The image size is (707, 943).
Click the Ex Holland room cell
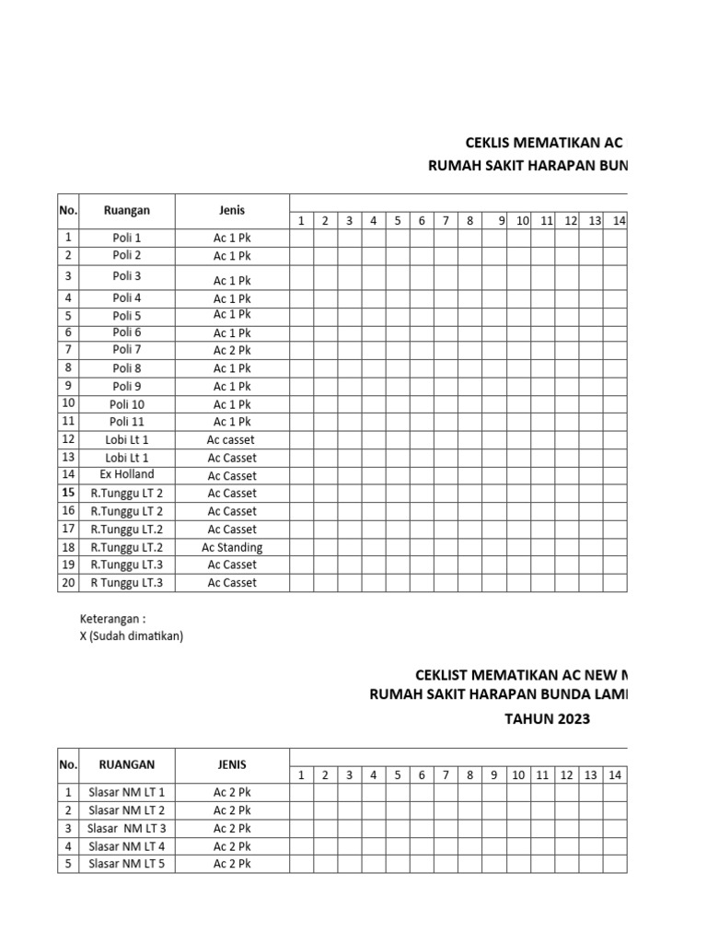tap(127, 475)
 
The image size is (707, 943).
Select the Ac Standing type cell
tap(232, 547)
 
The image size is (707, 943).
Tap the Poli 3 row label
tap(127, 276)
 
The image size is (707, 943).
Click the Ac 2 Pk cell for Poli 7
tap(232, 350)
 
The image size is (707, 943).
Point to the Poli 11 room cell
tap(127, 422)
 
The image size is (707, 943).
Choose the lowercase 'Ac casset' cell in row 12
tap(232, 440)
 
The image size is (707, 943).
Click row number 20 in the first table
tap(68, 582)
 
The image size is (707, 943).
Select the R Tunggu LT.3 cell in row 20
tap(127, 582)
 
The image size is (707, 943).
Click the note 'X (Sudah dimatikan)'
tap(132, 636)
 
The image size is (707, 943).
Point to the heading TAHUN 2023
tap(546, 718)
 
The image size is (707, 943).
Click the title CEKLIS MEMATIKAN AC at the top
tap(544, 144)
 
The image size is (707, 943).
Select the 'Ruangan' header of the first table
tap(127, 210)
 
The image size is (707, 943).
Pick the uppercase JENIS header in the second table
tap(232, 764)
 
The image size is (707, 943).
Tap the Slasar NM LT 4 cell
tap(127, 845)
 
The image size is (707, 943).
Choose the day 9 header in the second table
tap(494, 775)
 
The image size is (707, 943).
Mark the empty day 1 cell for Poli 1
tap(300, 238)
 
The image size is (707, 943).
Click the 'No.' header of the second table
tap(68, 764)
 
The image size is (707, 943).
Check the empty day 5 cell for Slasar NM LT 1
tap(398, 792)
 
